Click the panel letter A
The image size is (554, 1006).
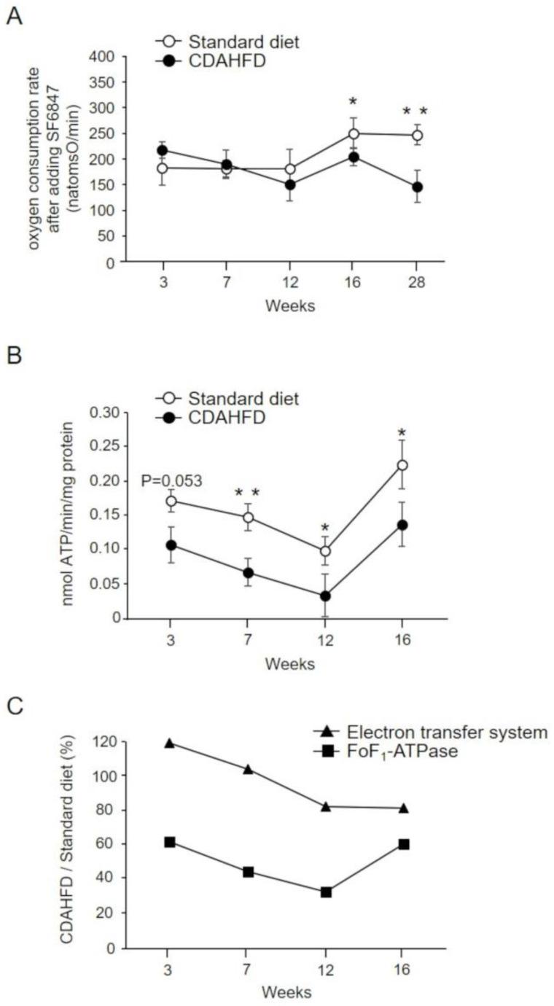[15, 16]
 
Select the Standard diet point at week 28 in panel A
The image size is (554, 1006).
[417, 136]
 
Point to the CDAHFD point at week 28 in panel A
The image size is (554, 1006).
[417, 187]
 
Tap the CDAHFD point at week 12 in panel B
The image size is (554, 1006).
[325, 596]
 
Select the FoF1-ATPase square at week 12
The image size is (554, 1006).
[326, 892]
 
